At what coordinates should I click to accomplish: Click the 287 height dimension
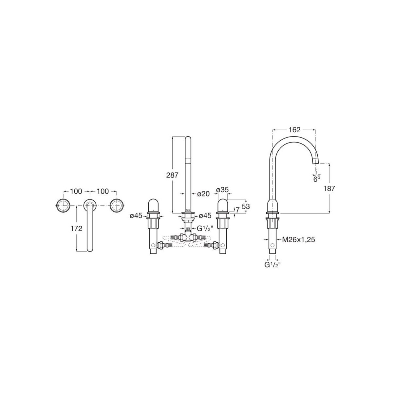coord(172,175)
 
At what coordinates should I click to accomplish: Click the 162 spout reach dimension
coord(294,130)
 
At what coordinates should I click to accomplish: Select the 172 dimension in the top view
coord(76,228)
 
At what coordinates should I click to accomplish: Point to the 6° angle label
coord(317,179)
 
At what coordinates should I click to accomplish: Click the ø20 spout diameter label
coord(203,194)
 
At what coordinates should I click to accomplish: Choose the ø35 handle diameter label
coord(222,190)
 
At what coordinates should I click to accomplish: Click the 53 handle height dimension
coord(246,206)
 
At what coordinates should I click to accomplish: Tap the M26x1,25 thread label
coord(299,240)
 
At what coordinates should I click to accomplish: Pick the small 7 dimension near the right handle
coord(237,210)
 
